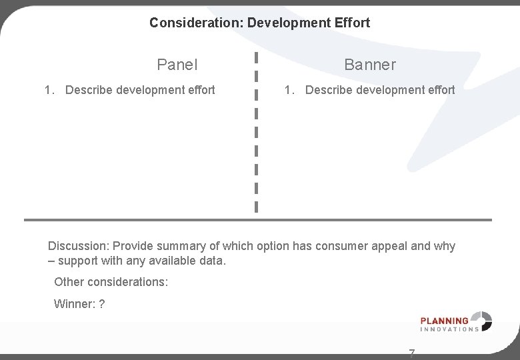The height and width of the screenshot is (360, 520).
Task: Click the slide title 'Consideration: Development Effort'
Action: point(259,23)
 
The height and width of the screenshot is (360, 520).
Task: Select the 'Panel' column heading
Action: point(177,65)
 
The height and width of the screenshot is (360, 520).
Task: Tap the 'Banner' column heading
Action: point(370,65)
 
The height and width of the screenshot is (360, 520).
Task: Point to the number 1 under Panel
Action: point(48,89)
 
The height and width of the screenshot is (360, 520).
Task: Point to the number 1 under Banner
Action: point(288,89)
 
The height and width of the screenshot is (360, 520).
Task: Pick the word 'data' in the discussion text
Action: point(211,261)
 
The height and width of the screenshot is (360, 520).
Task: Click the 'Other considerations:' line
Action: point(111,282)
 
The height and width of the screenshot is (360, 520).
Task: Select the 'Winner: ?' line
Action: point(79,304)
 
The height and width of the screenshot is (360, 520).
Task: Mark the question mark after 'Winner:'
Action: point(101,304)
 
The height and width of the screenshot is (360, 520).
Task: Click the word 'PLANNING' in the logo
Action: point(444,321)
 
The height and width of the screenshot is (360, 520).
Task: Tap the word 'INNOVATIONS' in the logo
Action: point(449,329)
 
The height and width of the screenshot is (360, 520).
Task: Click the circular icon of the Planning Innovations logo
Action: point(482,321)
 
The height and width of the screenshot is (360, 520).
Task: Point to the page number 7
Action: point(411,353)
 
